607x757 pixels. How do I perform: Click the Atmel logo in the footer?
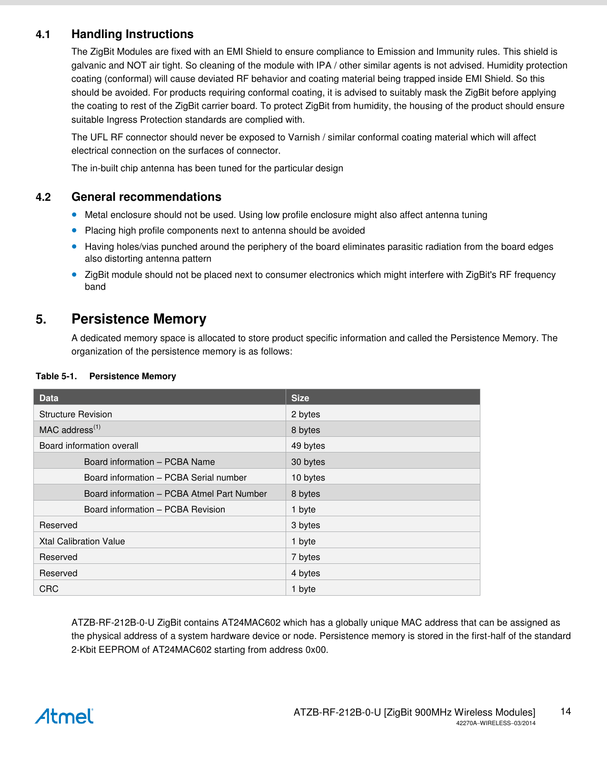pos(64,716)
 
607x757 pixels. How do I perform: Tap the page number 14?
pos(565,711)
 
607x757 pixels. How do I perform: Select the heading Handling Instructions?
pos(132,34)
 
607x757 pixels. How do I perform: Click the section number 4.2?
pos(43,197)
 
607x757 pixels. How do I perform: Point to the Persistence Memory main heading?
pos(139,319)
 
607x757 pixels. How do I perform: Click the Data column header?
pos(49,398)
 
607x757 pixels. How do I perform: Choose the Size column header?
pos(300,398)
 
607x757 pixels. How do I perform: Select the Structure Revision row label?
pos(76,414)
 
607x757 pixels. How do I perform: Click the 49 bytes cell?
pos(308,446)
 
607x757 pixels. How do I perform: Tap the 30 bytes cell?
pos(308,462)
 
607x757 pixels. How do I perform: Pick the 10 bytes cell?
pos(308,478)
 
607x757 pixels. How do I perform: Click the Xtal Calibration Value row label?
pos(82,541)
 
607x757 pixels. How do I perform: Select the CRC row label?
pos(49,589)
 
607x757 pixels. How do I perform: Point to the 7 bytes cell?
pos(306,557)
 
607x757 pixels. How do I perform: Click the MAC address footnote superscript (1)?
pos(97,427)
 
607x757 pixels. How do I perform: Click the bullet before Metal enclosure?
pos(74,215)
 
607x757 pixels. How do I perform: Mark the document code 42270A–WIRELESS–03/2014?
pos(495,723)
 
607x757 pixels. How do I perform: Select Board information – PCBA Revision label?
pos(154,510)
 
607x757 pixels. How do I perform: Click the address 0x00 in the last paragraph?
pos(316,649)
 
